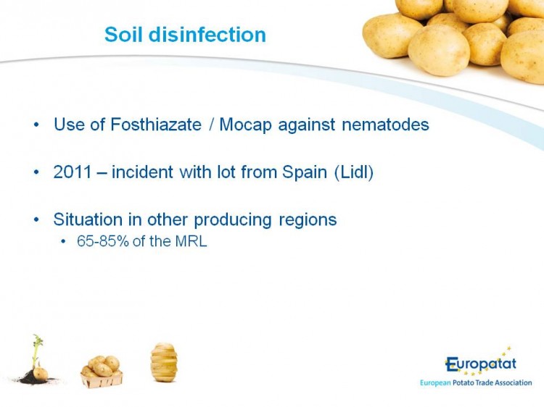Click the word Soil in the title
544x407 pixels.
123,35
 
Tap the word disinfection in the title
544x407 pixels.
207,35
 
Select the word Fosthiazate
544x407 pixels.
156,125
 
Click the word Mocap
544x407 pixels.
246,125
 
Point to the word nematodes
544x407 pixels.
385,125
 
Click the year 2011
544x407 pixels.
73,172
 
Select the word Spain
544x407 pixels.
305,172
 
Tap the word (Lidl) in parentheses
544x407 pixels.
354,172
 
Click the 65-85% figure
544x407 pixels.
103,241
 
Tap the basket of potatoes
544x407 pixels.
102,372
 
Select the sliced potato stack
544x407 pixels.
164,362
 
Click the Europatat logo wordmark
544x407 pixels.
481,364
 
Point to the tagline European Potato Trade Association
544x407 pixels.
476,383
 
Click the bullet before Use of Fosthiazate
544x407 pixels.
36,125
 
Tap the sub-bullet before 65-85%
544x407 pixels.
63,242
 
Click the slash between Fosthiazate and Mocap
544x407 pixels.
211,125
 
